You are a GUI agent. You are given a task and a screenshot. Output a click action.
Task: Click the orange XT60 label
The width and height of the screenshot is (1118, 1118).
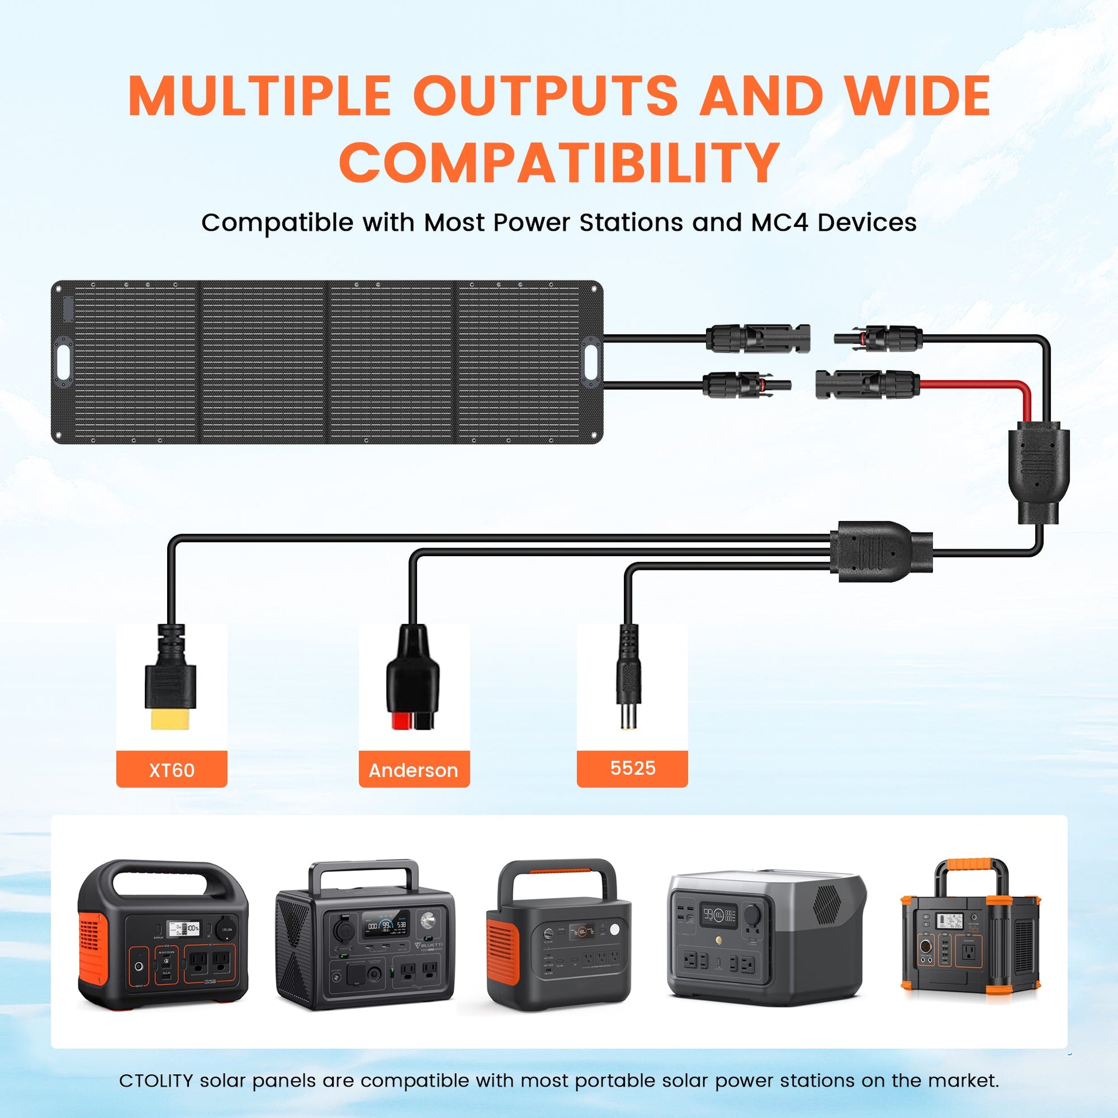click(171, 770)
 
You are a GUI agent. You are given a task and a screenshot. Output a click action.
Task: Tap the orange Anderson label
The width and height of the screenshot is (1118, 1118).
click(414, 770)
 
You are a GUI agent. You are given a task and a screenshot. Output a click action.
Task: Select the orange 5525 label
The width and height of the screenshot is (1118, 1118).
click(632, 768)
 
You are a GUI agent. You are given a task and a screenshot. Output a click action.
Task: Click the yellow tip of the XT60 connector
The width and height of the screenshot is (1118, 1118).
click(170, 719)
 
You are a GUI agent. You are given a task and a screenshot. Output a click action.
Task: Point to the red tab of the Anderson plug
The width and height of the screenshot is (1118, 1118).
click(399, 720)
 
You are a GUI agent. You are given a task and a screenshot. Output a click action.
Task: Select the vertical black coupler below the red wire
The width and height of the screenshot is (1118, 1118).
click(1039, 472)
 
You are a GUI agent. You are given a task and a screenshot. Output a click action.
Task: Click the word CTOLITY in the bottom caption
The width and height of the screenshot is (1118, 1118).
click(155, 1081)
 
